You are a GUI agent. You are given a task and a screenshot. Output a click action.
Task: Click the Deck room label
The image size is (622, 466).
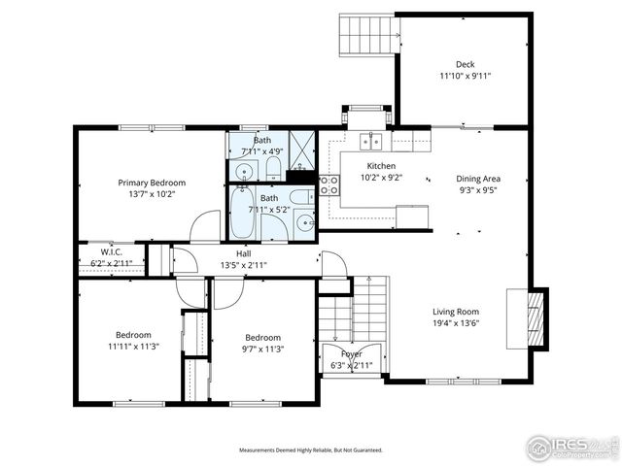tap(465, 65)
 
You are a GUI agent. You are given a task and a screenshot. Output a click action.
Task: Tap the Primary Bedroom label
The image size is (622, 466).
tap(152, 183)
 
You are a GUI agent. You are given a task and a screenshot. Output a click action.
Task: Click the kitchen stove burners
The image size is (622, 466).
tap(328, 185)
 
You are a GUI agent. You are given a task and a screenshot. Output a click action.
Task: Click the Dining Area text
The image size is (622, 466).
tap(478, 179)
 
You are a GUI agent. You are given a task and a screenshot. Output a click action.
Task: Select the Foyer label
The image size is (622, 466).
tap(351, 354)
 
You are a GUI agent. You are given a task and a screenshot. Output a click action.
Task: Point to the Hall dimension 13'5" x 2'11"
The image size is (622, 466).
tap(243, 265)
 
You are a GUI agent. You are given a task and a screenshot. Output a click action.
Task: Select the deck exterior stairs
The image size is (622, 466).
tap(369, 38)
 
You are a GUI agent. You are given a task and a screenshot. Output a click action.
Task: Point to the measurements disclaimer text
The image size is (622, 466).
tap(311, 450)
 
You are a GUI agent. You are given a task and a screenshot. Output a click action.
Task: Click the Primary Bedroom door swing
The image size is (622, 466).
tap(207, 227)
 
